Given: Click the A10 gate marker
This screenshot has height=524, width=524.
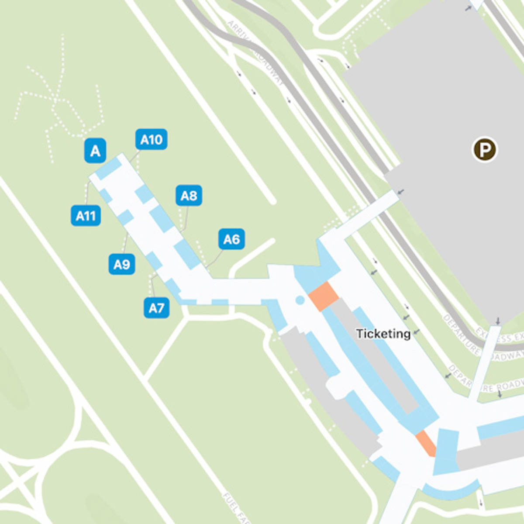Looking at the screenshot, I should point(151,139).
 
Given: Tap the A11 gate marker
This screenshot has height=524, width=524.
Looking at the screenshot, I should point(86,216).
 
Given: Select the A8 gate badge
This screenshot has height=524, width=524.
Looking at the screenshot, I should point(189,196).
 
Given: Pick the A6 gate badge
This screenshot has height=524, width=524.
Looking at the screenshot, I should point(231,239).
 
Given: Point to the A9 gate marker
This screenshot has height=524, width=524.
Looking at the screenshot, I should point(121,264).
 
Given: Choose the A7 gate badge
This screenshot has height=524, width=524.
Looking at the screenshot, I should point(156,308).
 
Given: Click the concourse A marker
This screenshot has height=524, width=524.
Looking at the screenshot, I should point(95,151).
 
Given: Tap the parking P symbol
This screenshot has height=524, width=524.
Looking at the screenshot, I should point(485,150).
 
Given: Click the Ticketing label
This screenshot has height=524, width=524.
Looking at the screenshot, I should point(383,334).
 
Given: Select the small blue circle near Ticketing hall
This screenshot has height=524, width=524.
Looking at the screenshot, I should point(300,300).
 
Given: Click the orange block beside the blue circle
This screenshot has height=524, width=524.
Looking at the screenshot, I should point(324,296).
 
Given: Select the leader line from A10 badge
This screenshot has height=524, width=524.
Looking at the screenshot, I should point(134,156).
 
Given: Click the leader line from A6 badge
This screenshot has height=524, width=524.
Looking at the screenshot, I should point(215,259).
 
